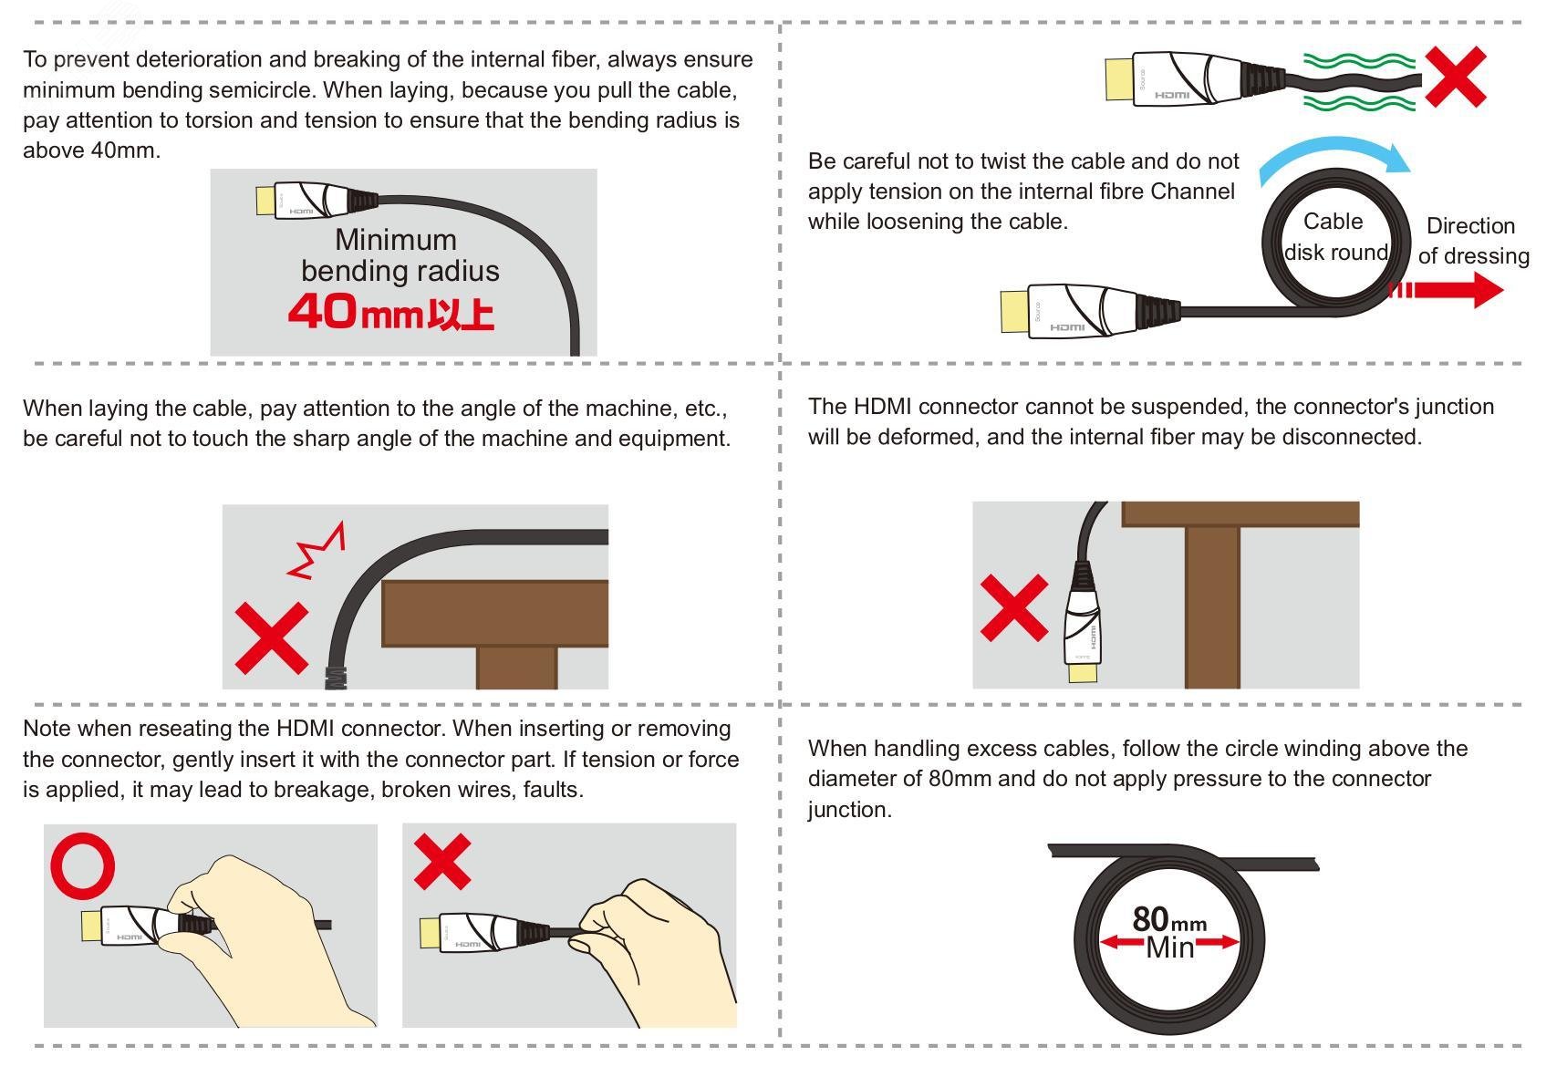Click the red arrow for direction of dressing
pos(1446,291)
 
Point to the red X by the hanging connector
pos(1014,607)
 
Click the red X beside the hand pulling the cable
pos(442,861)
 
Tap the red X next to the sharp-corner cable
pos(272,637)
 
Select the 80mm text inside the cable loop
pos(1169,919)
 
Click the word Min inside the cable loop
pos(1170,948)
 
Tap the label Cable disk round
pos(1335,236)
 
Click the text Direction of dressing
pos(1473,241)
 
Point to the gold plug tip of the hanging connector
pos(1082,672)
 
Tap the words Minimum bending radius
pos(400,255)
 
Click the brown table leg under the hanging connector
pos(1212,607)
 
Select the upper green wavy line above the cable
pos(1359,61)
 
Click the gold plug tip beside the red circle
pos(92,926)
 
